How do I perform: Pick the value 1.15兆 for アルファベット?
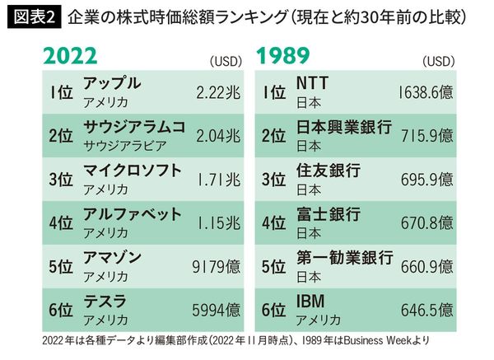coord(216,223)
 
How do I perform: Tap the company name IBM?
coord(312,303)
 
